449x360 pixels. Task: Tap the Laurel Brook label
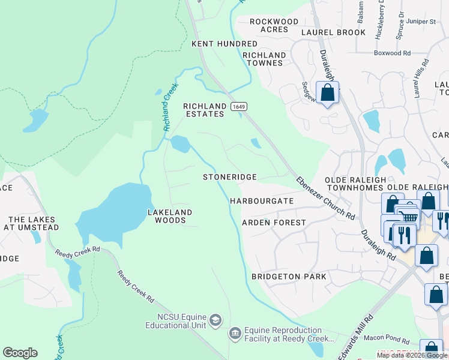(333, 32)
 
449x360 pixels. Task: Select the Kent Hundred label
(215, 44)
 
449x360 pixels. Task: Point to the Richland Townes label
(264, 59)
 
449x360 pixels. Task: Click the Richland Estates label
(205, 110)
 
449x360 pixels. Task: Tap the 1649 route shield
(239, 106)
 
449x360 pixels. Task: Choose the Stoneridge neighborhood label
(229, 177)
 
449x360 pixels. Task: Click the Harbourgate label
(262, 201)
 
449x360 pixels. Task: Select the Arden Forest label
(273, 223)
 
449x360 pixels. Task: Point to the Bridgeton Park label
(289, 277)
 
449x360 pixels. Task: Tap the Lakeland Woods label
(170, 216)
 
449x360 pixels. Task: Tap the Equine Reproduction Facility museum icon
(235, 332)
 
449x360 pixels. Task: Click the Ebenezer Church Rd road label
(325, 197)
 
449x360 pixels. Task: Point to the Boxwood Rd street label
(391, 53)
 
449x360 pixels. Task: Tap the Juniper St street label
(421, 22)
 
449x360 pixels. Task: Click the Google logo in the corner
(20, 353)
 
